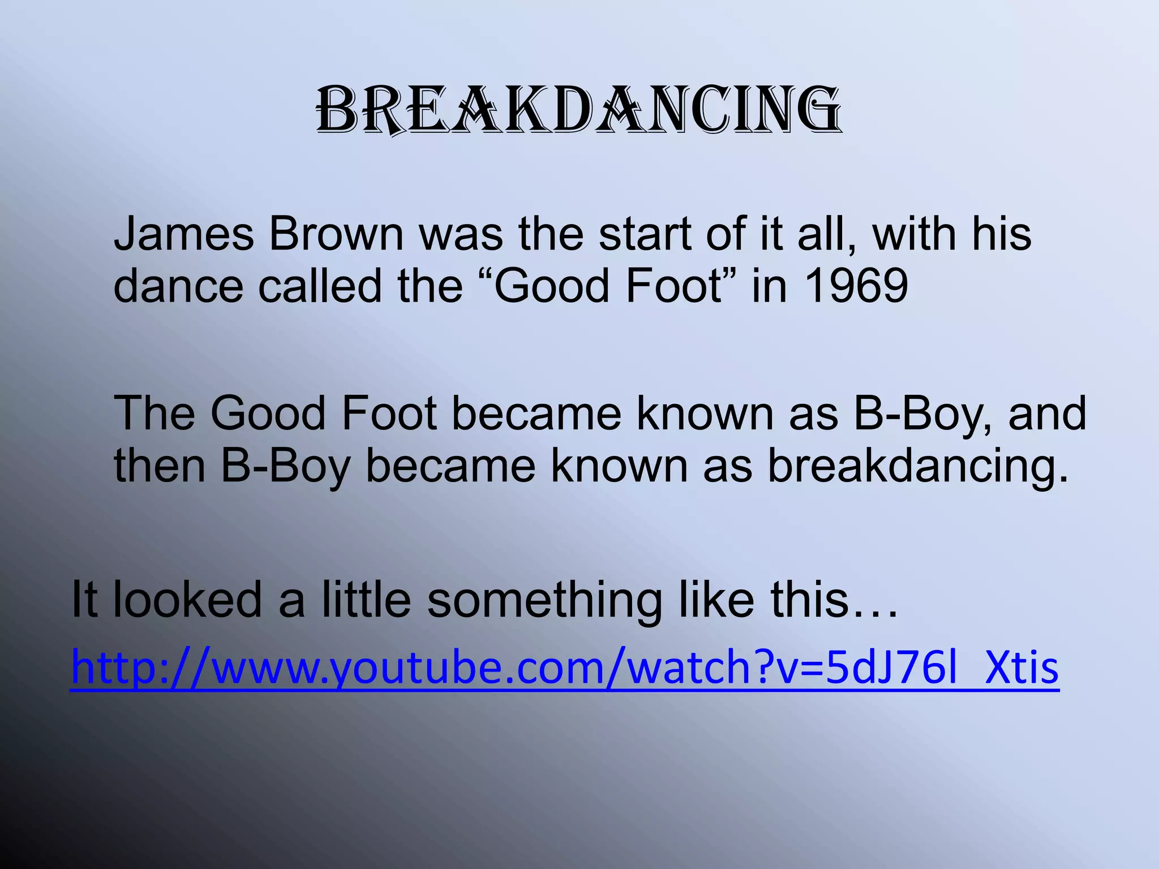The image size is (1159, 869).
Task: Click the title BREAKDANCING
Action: pyautogui.click(x=579, y=110)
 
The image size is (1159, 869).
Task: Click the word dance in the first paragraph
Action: pyautogui.click(x=179, y=286)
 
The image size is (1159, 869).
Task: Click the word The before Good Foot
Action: pyautogui.click(x=155, y=413)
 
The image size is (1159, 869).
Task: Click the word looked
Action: pyautogui.click(x=188, y=600)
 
